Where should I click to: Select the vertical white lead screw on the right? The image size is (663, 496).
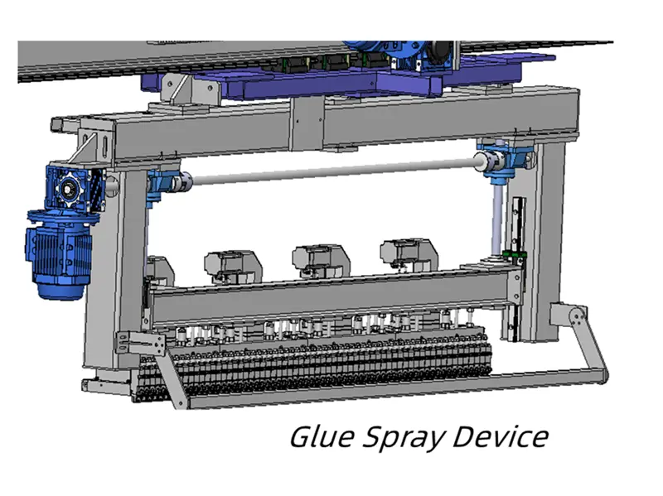(496, 219)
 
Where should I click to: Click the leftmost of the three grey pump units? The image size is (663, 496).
(232, 263)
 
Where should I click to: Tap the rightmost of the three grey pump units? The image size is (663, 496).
(406, 256)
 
